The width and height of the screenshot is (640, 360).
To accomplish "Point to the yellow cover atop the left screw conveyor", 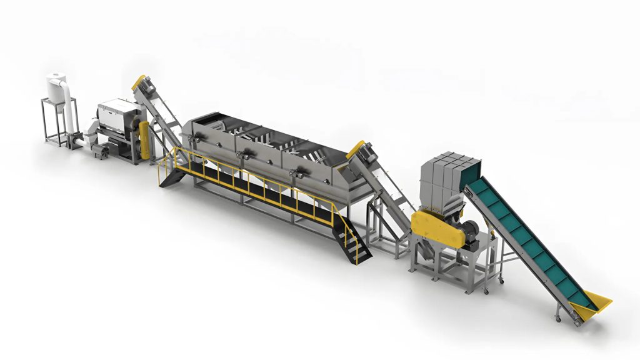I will coord(137,82).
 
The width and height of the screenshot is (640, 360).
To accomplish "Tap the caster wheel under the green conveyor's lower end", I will coord(558,319).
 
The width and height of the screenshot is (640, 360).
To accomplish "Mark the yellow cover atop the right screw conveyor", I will coord(357,149).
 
